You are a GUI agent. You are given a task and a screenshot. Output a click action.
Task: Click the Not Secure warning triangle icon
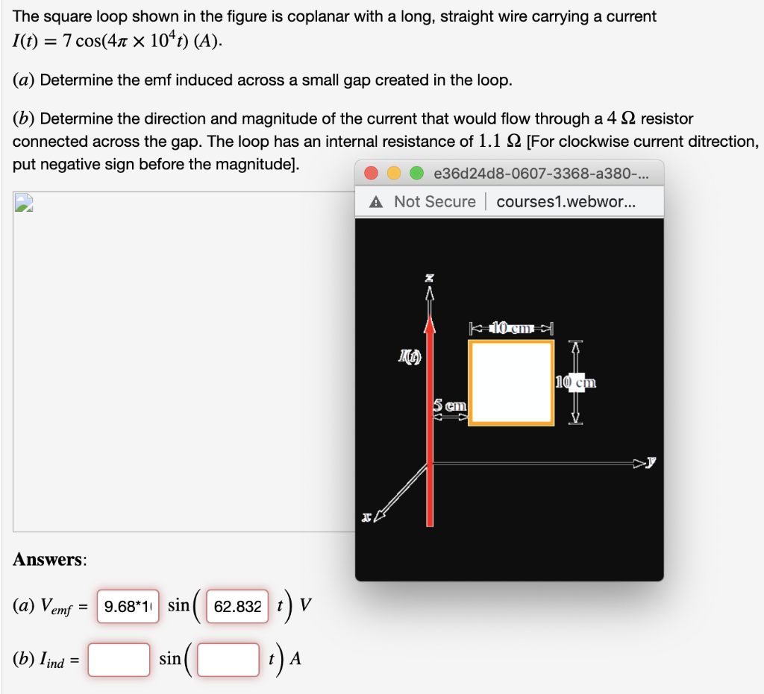(x=378, y=202)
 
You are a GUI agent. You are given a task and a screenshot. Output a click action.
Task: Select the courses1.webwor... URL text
(x=566, y=202)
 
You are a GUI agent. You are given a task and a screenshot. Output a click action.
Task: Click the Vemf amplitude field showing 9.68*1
(x=125, y=607)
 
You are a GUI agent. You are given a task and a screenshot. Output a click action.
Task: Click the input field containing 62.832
(x=237, y=607)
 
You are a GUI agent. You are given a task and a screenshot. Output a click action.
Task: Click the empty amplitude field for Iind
(x=119, y=660)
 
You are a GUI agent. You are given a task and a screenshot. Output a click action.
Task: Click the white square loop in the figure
(x=511, y=382)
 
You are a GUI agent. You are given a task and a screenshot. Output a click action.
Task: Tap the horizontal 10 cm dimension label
(x=511, y=327)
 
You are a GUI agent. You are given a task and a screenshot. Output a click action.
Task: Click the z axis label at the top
(x=429, y=278)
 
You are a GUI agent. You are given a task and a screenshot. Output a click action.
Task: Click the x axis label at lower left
(x=366, y=516)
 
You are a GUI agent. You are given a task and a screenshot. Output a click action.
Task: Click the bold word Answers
(x=49, y=560)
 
